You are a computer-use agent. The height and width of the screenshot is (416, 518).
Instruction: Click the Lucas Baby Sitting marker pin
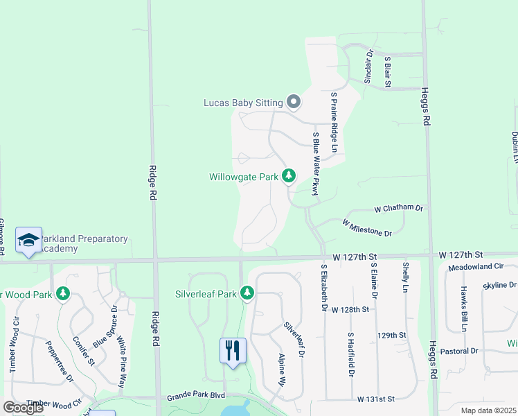(293, 103)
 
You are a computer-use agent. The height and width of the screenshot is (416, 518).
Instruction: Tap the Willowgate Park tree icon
(288, 177)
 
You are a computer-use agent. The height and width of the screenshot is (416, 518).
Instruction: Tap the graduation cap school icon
(28, 241)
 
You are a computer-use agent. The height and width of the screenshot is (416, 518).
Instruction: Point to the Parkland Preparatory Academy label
(84, 243)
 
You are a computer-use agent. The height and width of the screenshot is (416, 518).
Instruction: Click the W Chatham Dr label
(398, 208)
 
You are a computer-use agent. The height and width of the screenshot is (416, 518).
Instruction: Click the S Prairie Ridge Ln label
(334, 122)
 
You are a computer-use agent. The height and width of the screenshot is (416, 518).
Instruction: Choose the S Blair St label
(388, 72)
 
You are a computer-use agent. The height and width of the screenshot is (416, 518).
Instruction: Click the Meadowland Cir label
(476, 266)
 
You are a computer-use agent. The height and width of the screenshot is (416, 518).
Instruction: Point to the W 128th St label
(350, 309)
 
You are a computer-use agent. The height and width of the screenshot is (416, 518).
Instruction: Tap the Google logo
(24, 407)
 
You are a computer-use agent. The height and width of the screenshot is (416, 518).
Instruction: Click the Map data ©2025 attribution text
(488, 410)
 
